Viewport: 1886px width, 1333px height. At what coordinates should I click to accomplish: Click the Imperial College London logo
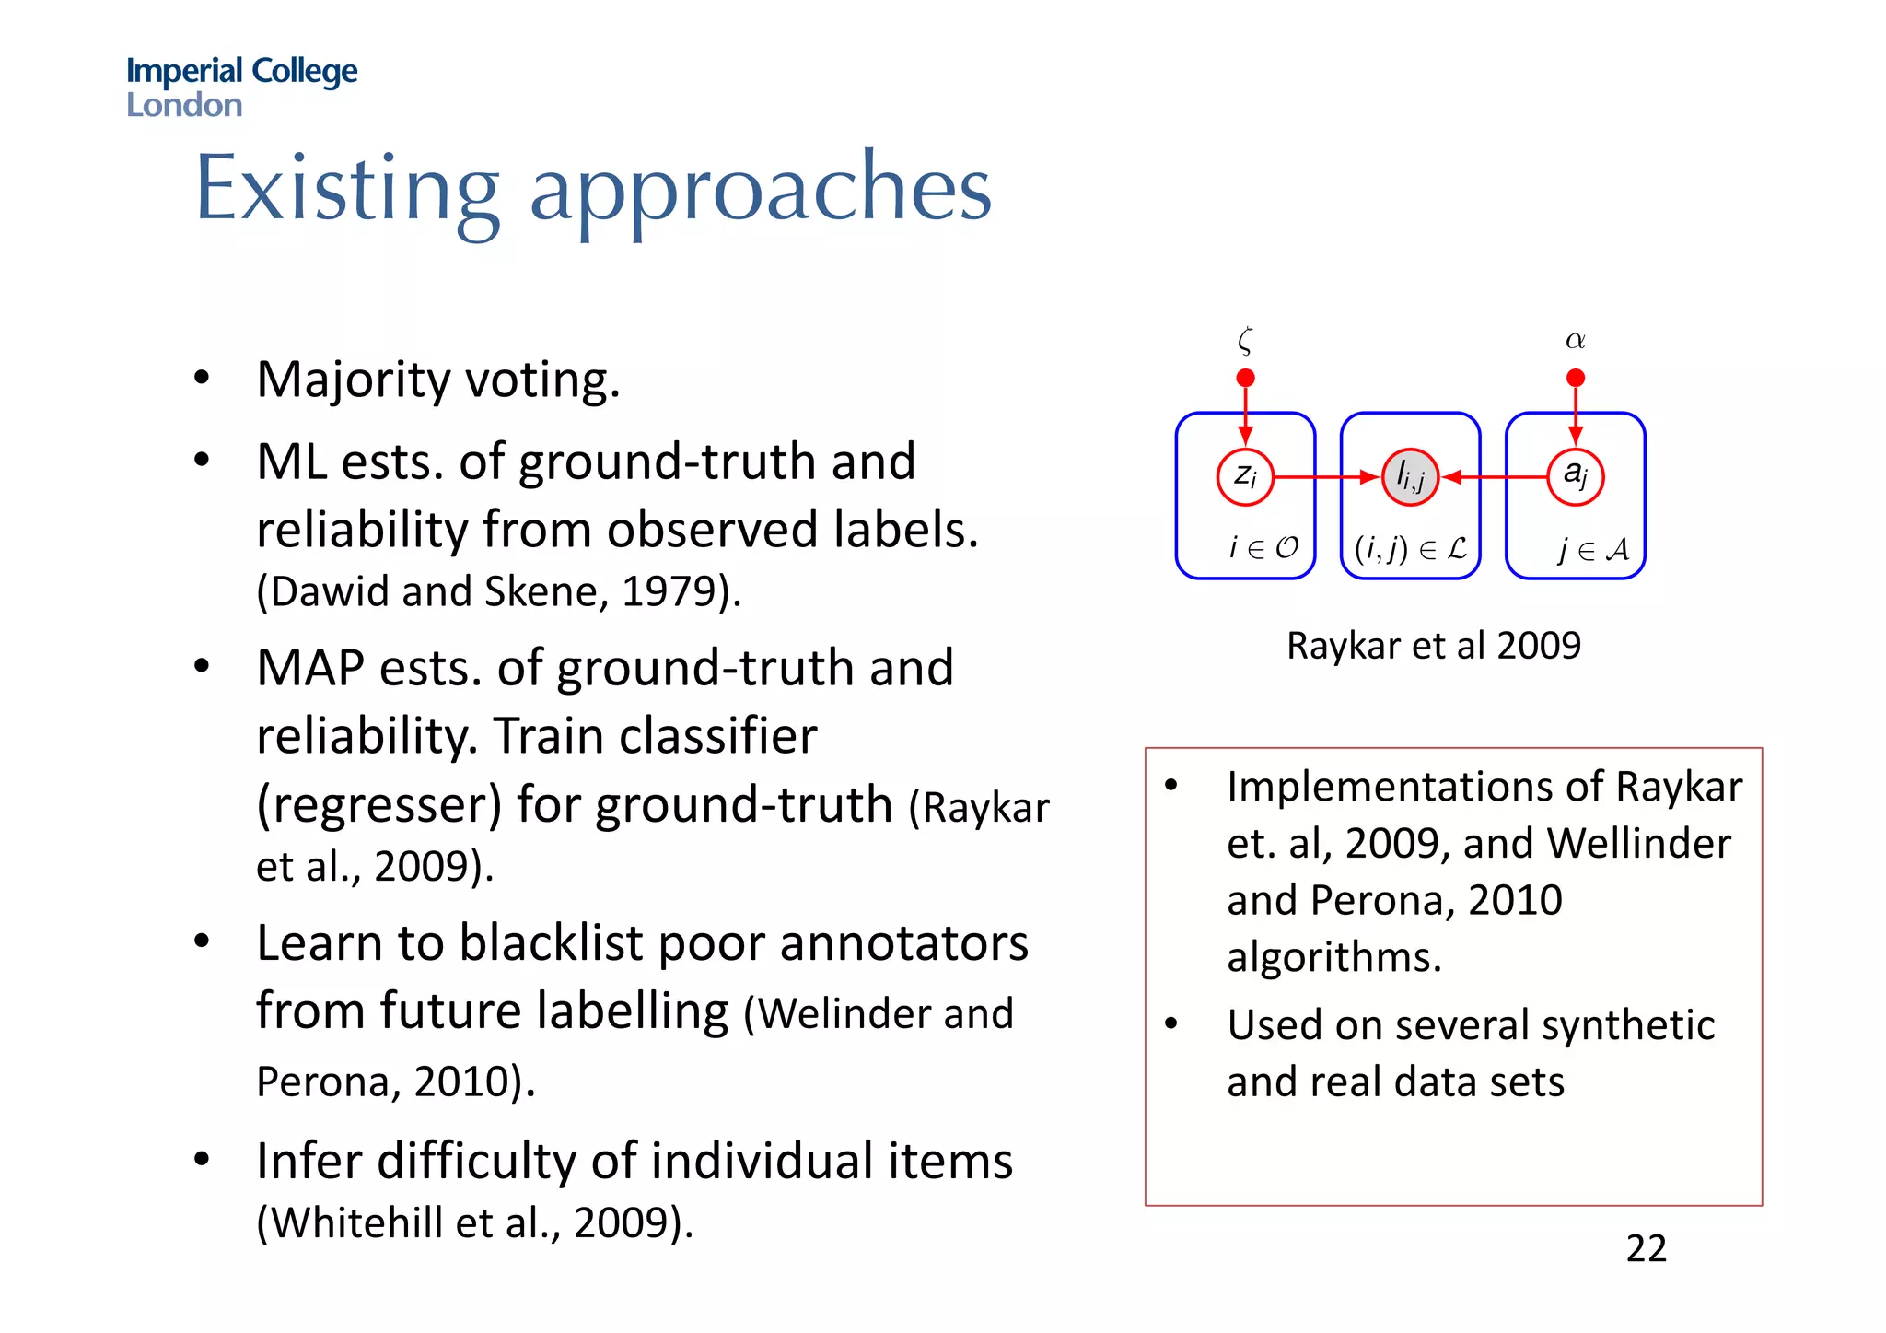pos(241,87)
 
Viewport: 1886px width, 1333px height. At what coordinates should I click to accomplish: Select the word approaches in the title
pos(761,191)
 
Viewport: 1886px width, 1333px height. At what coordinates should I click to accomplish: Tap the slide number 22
pos(1646,1249)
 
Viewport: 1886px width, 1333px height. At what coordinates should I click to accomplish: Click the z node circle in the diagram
pos(1245,477)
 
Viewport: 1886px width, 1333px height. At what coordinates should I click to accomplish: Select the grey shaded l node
pos(1410,477)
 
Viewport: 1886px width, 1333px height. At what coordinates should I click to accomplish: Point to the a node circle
pos(1576,476)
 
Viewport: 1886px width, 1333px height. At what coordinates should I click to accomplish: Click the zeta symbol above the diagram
pos(1245,341)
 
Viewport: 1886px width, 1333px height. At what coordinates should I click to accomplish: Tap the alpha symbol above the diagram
pos(1576,341)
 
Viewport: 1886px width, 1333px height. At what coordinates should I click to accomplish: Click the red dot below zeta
pos(1245,378)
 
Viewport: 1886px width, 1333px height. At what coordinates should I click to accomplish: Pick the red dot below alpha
pos(1576,378)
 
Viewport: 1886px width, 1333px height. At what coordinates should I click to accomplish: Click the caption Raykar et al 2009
pos(1433,646)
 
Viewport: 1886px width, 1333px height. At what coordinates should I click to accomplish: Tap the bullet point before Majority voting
pos(202,378)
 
